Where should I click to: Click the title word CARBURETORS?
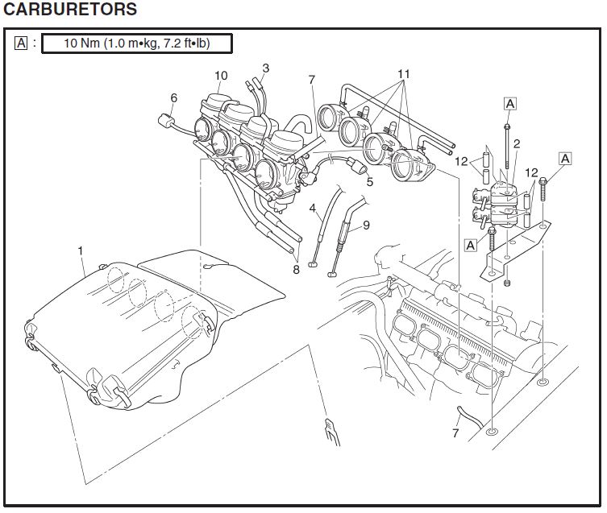tap(71, 10)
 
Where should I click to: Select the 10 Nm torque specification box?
tap(136, 43)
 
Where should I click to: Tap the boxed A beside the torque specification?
tap(21, 43)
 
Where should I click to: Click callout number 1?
tap(81, 250)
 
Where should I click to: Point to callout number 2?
tap(516, 143)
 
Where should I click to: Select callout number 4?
tap(313, 207)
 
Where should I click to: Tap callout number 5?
tap(370, 182)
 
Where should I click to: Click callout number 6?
tap(173, 98)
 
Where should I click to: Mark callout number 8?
tap(297, 270)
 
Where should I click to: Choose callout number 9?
tap(366, 225)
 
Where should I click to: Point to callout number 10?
tap(221, 76)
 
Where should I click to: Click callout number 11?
tap(403, 73)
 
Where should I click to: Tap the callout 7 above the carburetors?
tap(311, 79)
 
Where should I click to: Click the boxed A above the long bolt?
tap(509, 103)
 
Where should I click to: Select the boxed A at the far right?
tap(565, 159)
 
